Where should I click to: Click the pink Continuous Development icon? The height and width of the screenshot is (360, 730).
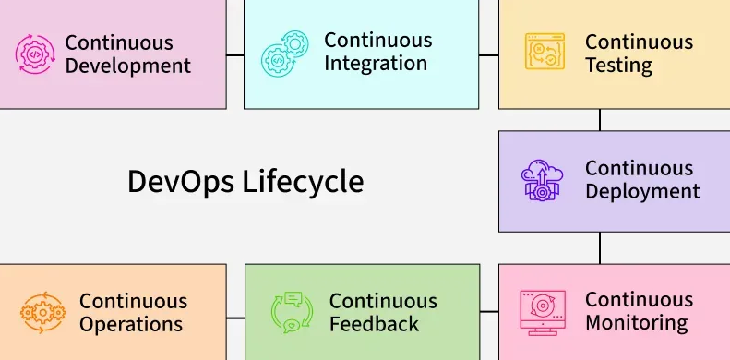click(35, 54)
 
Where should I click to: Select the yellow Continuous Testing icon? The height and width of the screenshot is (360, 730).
click(545, 54)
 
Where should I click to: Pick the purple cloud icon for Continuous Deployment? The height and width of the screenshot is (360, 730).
click(543, 180)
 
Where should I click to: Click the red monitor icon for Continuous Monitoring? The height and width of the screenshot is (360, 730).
click(543, 311)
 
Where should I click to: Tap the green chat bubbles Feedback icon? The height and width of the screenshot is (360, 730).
click(293, 312)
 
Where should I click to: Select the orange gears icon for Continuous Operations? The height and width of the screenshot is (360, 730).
click(42, 312)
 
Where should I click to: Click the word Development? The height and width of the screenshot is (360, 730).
click(128, 66)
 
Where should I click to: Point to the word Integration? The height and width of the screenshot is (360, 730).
click(376, 64)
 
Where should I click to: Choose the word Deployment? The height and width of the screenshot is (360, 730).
click(642, 192)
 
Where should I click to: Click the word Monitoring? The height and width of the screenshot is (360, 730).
click(637, 323)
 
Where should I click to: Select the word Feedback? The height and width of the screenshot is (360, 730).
click(374, 324)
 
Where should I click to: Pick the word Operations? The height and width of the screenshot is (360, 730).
click(131, 324)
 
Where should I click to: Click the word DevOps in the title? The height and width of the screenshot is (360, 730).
click(180, 181)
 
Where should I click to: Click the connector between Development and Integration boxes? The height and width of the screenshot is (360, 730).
click(235, 54)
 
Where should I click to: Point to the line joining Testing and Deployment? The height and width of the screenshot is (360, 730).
click(600, 120)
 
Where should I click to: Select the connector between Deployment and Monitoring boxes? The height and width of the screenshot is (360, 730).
click(600, 247)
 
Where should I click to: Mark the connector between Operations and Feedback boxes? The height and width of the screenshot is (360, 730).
click(235, 318)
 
